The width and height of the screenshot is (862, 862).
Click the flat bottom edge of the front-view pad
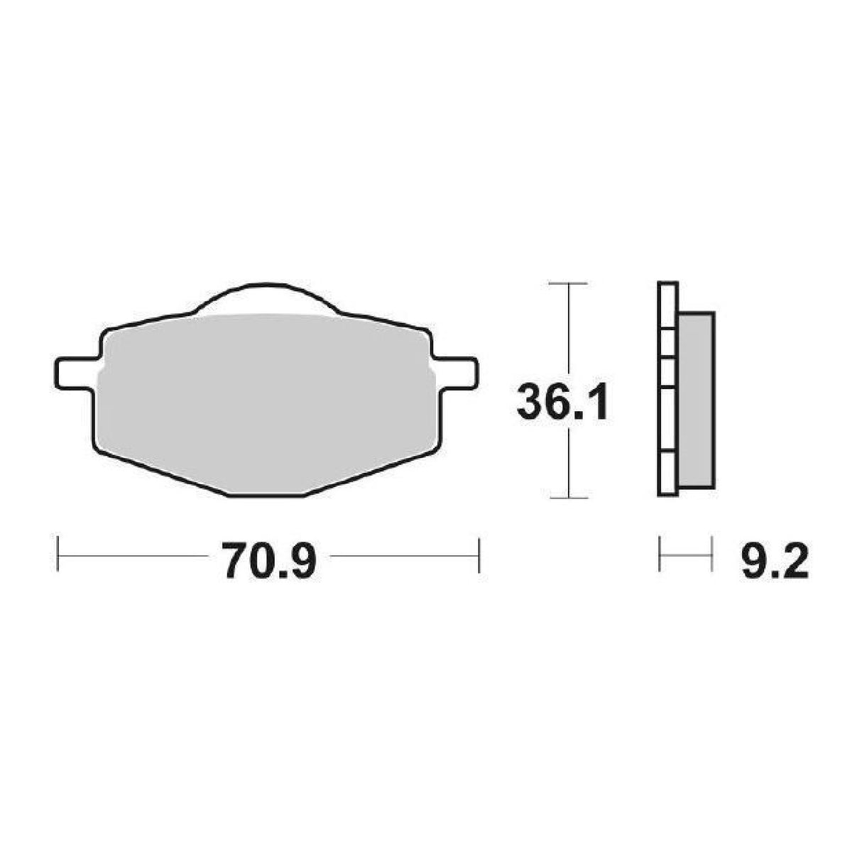[267, 496]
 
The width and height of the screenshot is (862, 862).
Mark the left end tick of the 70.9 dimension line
[58, 554]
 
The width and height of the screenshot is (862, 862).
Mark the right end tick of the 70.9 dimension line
[480, 554]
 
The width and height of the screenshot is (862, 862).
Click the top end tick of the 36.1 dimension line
[568, 283]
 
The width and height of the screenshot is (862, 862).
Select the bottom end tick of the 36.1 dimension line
[568, 497]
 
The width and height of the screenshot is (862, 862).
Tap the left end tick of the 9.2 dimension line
[660, 554]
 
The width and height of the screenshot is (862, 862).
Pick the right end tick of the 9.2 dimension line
[711, 554]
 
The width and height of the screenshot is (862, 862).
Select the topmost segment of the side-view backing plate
[667, 305]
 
